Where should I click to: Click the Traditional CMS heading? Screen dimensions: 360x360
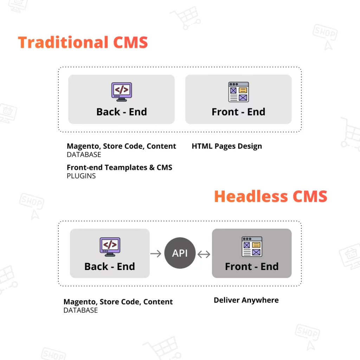(83, 43)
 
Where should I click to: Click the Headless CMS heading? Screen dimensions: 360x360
(270, 196)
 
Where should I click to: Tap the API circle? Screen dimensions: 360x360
(180, 253)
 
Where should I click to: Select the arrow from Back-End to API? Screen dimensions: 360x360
(156, 253)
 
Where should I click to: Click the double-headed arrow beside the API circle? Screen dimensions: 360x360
(204, 254)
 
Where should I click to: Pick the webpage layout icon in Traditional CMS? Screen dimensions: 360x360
(238, 92)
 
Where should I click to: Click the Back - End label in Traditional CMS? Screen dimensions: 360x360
(121, 112)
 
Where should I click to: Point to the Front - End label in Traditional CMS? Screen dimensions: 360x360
(238, 112)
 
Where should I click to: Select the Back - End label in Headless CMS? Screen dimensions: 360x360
(110, 266)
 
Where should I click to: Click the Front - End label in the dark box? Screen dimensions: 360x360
(252, 266)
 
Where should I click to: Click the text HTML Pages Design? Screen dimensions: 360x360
(227, 146)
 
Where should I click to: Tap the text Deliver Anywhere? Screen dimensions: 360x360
(246, 300)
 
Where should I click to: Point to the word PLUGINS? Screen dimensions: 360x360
(81, 176)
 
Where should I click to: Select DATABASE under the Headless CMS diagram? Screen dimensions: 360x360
(81, 310)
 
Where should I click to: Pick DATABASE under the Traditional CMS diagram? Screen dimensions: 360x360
(84, 155)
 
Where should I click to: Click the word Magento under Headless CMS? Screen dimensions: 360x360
(79, 302)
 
